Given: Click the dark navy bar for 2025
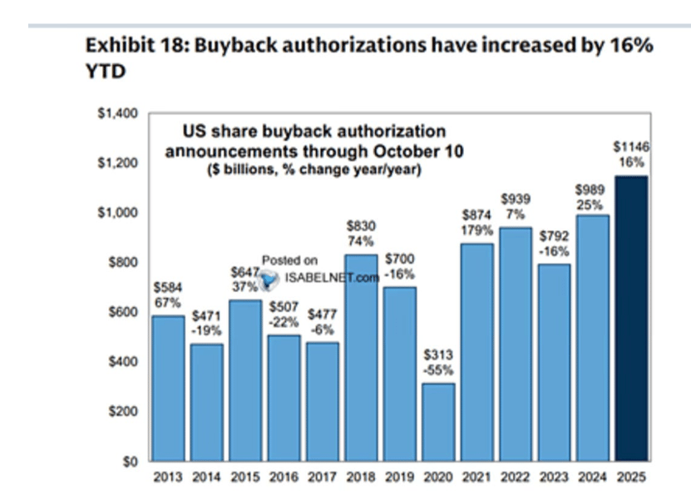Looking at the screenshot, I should [630, 319].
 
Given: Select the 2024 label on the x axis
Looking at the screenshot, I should [591, 478].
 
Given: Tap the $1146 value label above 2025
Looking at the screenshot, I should [630, 146].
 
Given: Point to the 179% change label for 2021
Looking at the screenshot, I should [476, 229].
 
